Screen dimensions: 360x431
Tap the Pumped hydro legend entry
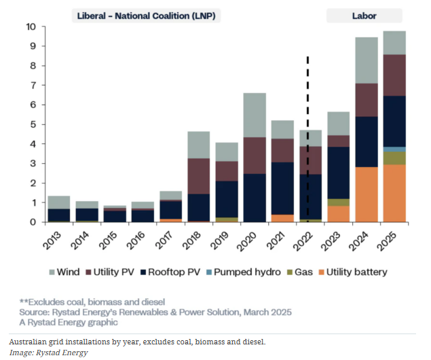point(245,272)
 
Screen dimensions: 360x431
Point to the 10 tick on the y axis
point(31,26)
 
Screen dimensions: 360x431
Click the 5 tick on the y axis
point(33,124)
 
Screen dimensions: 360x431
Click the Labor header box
point(364,15)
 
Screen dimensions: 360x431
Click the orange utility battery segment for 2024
point(367,194)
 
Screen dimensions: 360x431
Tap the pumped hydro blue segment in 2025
point(394,149)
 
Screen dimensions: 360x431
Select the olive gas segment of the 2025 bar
point(394,158)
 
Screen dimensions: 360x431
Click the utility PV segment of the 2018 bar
point(198,176)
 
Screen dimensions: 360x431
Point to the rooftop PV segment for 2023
point(339,173)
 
